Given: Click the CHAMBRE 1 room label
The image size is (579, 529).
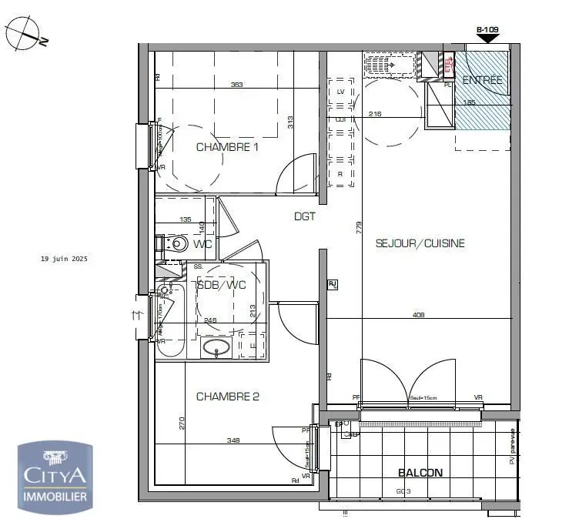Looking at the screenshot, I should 227,147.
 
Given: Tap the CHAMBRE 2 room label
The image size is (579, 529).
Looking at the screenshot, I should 227,397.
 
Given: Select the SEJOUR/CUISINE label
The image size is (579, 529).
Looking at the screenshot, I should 420,243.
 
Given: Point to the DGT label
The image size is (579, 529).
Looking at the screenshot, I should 305,216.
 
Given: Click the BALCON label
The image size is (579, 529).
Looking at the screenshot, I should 420,473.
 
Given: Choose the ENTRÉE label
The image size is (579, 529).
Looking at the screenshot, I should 482,80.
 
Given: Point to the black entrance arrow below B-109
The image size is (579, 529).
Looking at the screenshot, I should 488,39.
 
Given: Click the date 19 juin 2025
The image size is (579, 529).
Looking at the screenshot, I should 65,259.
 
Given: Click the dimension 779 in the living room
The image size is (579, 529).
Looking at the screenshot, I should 359,227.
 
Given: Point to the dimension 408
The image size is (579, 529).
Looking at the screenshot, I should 418,314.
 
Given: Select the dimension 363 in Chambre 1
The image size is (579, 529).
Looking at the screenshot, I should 236,85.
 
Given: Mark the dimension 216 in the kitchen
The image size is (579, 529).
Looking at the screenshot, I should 375,114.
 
